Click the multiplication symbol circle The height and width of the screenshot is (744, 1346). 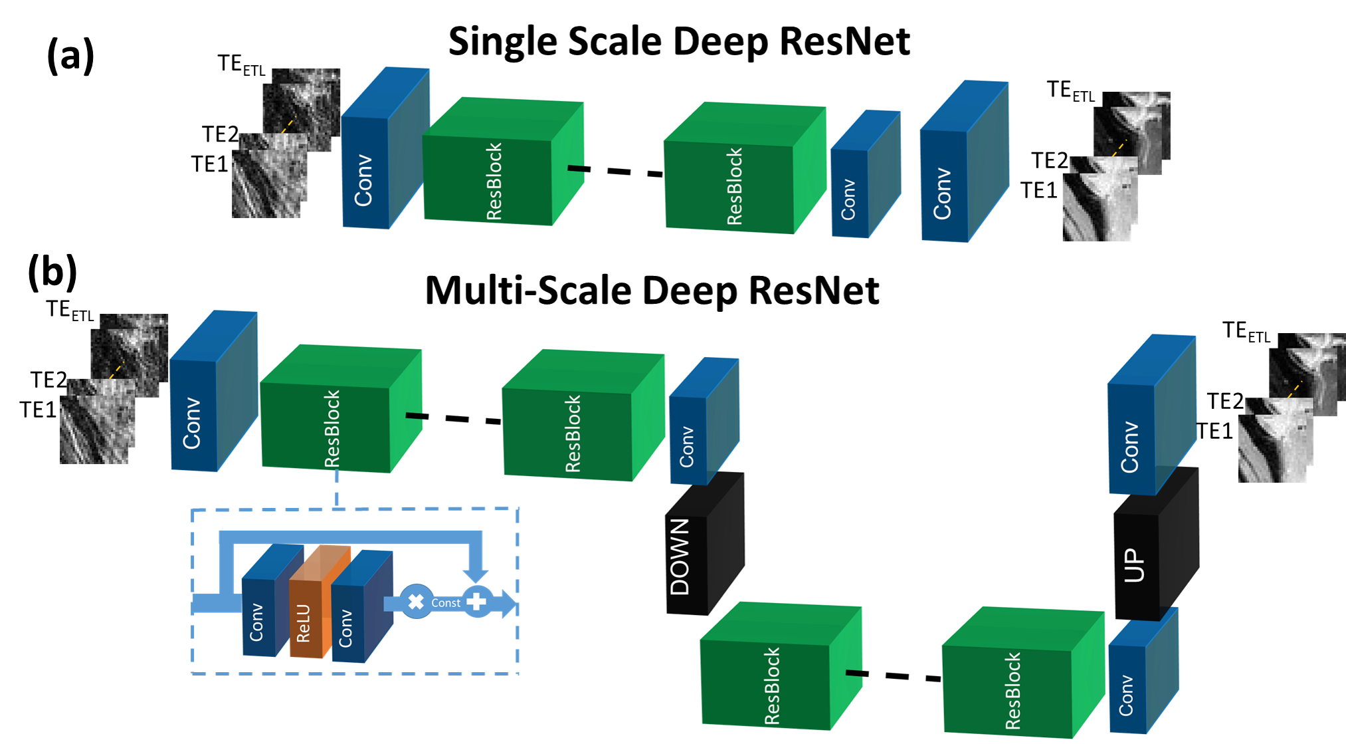tap(416, 602)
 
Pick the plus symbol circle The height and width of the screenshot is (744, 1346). tap(477, 602)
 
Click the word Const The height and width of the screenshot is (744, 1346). tap(446, 603)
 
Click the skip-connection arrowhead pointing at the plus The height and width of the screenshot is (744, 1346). tap(476, 574)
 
